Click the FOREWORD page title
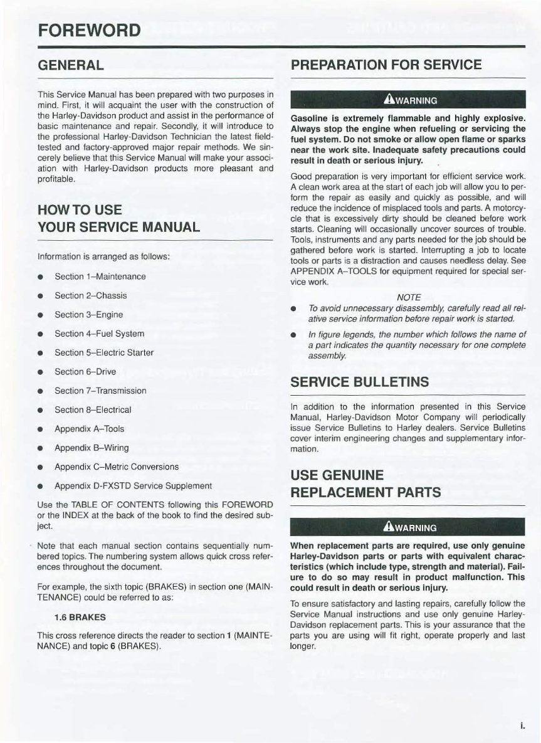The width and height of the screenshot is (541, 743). point(88,30)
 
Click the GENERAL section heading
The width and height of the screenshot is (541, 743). point(71,65)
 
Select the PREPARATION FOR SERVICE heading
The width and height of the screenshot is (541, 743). point(386,65)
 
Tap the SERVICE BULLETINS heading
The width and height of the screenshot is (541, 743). point(360,382)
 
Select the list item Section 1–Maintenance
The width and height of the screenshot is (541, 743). point(100,277)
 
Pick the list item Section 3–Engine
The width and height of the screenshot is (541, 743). point(88,315)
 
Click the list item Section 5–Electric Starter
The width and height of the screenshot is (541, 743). point(104,352)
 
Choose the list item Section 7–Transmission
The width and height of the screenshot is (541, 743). point(100,391)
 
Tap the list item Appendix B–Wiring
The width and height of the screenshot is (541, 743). point(92,448)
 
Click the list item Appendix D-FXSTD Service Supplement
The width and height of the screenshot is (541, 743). point(133,486)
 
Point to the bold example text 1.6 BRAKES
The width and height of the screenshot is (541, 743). point(80,617)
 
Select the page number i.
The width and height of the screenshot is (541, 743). point(521,726)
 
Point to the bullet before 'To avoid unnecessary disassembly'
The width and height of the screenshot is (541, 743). point(293,309)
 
